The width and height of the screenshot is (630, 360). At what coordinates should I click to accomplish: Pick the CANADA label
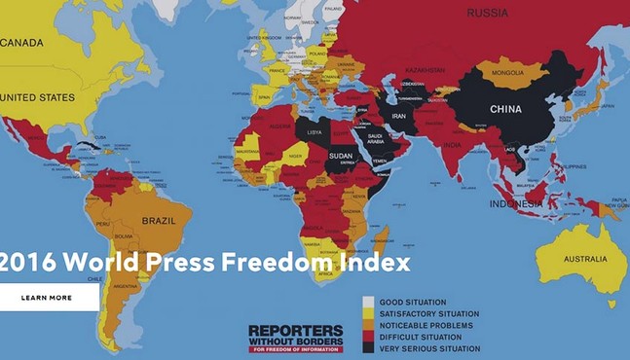point(23,43)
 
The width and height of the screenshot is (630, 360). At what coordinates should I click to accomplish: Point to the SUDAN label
point(342,155)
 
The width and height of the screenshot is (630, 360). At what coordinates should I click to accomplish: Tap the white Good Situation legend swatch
point(369,303)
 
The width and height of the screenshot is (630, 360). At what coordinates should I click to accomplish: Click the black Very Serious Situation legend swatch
point(369,347)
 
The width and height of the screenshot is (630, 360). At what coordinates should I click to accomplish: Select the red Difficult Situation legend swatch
point(369,337)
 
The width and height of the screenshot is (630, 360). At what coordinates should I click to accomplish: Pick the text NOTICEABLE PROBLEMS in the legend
point(427,325)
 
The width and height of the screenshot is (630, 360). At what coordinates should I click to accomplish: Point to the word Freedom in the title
point(274,263)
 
